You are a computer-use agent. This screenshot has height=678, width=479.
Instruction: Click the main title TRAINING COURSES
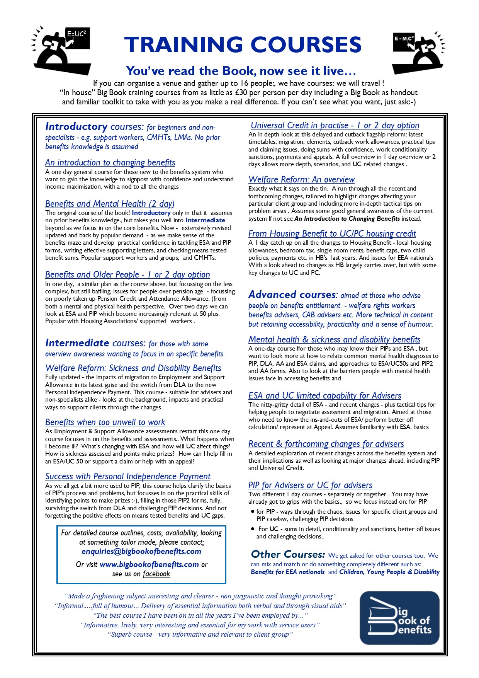243,45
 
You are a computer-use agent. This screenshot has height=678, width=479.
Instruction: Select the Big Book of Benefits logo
399,617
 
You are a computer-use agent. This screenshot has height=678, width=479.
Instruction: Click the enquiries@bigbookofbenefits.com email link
141,551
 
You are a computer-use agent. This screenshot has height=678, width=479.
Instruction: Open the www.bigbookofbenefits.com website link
149,564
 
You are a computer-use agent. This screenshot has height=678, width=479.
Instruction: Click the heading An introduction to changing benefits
110,162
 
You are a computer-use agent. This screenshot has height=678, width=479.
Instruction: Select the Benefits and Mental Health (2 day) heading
110,204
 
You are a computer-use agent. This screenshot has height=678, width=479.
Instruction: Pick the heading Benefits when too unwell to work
105,422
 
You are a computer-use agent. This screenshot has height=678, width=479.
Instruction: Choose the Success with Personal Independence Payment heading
128,476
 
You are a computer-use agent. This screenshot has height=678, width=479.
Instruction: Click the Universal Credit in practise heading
335,125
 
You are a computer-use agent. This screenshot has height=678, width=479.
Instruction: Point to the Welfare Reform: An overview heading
302,179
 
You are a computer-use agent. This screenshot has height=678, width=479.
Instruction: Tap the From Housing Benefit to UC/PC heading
332,233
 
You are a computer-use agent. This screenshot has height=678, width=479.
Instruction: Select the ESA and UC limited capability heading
325,395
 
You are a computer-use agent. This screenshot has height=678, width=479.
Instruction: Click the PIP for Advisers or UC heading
310,485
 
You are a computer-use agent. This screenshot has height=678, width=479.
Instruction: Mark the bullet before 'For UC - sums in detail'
253,529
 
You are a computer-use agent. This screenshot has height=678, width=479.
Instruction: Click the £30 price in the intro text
241,93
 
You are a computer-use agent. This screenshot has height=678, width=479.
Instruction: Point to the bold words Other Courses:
288,554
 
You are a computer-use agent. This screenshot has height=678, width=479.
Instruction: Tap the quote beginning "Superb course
200,634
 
